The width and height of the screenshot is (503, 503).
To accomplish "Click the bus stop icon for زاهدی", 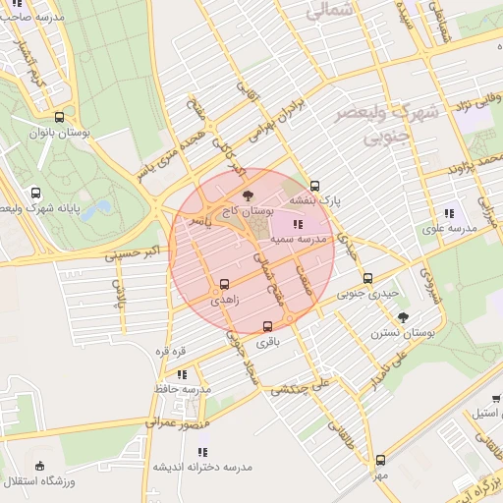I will click(x=225, y=283).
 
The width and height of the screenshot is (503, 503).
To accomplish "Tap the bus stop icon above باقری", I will click(x=267, y=326).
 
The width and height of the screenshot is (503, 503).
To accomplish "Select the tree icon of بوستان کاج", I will click(x=247, y=196).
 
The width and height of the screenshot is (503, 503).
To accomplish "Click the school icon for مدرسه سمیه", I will click(x=299, y=225).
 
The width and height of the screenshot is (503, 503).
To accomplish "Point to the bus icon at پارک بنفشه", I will click(x=314, y=186).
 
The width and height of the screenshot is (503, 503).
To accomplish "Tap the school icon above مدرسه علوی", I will click(x=450, y=213).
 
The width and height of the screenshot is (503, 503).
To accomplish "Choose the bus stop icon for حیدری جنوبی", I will click(x=368, y=278).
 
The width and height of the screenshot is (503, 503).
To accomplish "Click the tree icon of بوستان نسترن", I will click(x=403, y=316).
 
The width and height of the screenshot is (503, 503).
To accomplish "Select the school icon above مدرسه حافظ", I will click(x=182, y=374).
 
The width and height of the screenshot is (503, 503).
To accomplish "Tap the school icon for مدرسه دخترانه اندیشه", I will click(x=201, y=452).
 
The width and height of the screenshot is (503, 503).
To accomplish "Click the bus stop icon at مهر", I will click(x=380, y=460).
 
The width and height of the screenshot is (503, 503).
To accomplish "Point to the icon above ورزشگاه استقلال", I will click(x=39, y=466).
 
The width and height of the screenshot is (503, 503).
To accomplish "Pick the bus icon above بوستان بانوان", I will click(x=60, y=116).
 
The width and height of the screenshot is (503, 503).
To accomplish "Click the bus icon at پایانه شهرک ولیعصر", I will click(x=36, y=193).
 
